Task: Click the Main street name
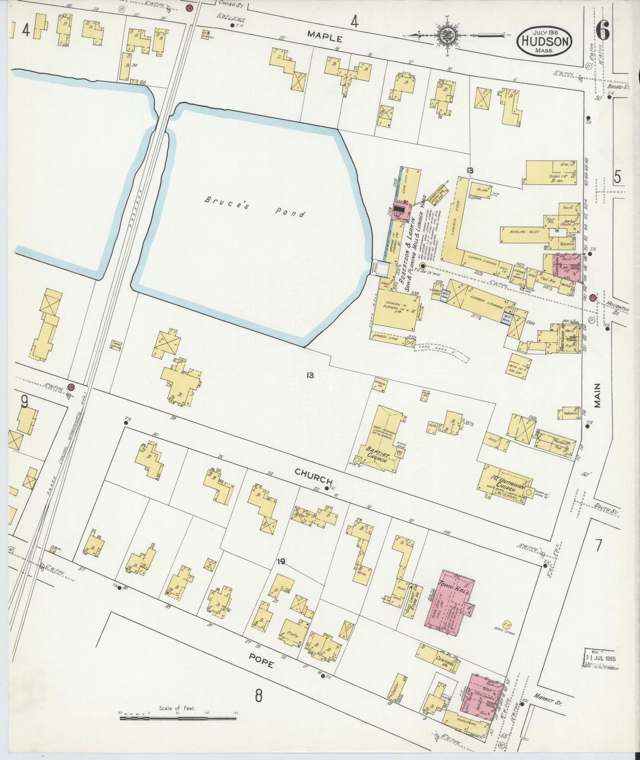pyautogui.click(x=599, y=395)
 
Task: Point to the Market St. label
pyautogui.click(x=548, y=699)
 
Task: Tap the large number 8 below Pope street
pyautogui.click(x=259, y=696)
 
